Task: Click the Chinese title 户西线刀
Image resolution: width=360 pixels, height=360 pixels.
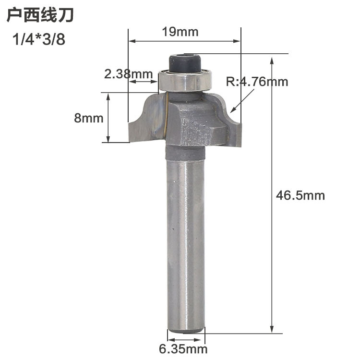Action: (x=40, y=16)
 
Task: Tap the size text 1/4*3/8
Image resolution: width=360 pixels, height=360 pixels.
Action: (x=39, y=39)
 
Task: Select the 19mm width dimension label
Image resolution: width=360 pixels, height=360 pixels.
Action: (x=180, y=32)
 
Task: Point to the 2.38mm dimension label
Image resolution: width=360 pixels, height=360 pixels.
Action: (x=129, y=74)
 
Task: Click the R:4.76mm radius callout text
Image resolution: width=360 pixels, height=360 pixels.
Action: (x=257, y=82)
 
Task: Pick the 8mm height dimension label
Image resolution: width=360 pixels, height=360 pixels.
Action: (x=89, y=118)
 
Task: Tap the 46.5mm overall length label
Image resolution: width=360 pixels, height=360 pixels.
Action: (x=300, y=196)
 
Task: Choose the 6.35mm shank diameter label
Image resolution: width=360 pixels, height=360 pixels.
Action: (x=183, y=349)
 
